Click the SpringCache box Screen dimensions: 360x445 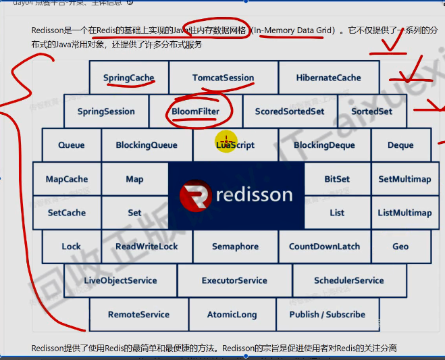tap(129, 78)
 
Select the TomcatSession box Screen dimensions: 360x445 tap(223, 78)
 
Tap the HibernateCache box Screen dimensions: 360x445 tap(328, 78)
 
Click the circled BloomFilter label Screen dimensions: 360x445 tap(195, 111)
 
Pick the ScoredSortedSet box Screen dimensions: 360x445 tap(289, 111)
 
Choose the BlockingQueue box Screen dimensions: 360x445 tap(147, 145)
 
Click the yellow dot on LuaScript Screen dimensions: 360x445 tap(226, 143)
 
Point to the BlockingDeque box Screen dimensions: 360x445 tap(323, 145)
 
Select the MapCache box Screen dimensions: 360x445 tap(67, 179)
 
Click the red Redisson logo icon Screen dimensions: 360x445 tap(196, 196)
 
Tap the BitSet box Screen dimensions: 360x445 tap(337, 179)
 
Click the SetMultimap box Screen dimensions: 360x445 tap(404, 179)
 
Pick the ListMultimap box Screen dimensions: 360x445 tap(404, 213)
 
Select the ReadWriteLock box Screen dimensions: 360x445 tap(147, 247)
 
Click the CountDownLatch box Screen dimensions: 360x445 tap(324, 247)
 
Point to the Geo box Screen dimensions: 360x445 tap(400, 247)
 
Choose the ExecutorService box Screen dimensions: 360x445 tap(234, 280)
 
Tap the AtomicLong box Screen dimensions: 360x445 tap(232, 314)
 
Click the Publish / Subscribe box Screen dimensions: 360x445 tap(327, 314)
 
